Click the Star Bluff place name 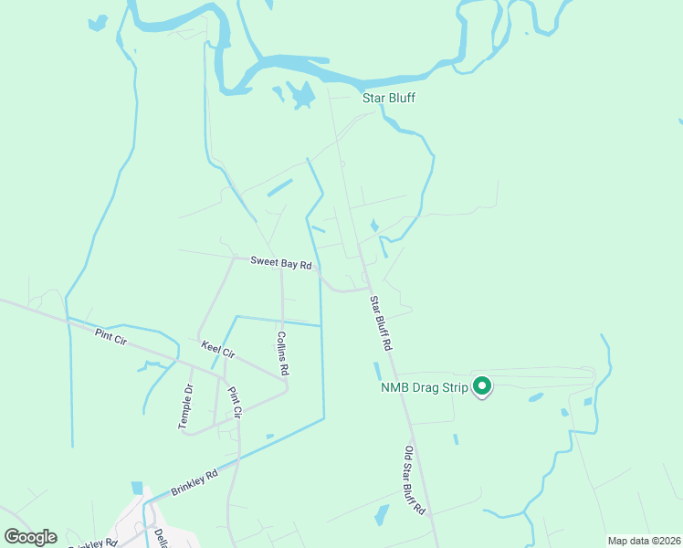pos(389,97)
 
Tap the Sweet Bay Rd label pos(282,262)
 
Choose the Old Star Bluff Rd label pos(415,480)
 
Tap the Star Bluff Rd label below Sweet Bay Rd pos(380,323)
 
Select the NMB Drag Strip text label pos(424,387)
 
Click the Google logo pos(29,537)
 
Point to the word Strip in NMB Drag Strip pos(454,387)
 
